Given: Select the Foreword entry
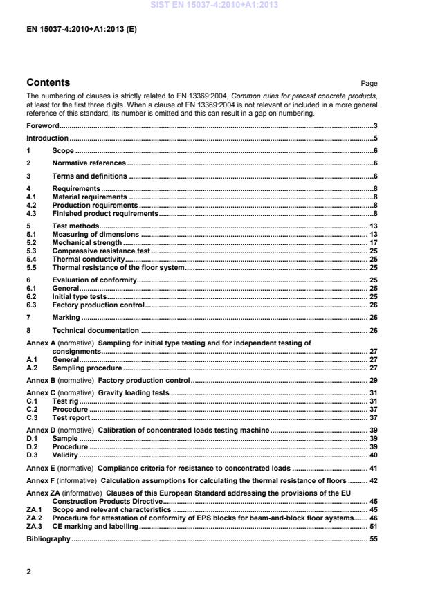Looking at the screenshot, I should [x=42, y=126].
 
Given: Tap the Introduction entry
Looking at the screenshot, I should [x=47, y=138].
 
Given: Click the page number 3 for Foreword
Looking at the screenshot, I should [x=375, y=126].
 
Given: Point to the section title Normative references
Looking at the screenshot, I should [x=89, y=163].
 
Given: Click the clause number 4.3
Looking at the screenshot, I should [x=31, y=214].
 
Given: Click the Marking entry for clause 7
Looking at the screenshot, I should [x=66, y=318].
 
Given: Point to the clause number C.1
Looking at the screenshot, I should [x=31, y=401].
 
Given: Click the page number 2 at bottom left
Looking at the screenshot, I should [x=28, y=572].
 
